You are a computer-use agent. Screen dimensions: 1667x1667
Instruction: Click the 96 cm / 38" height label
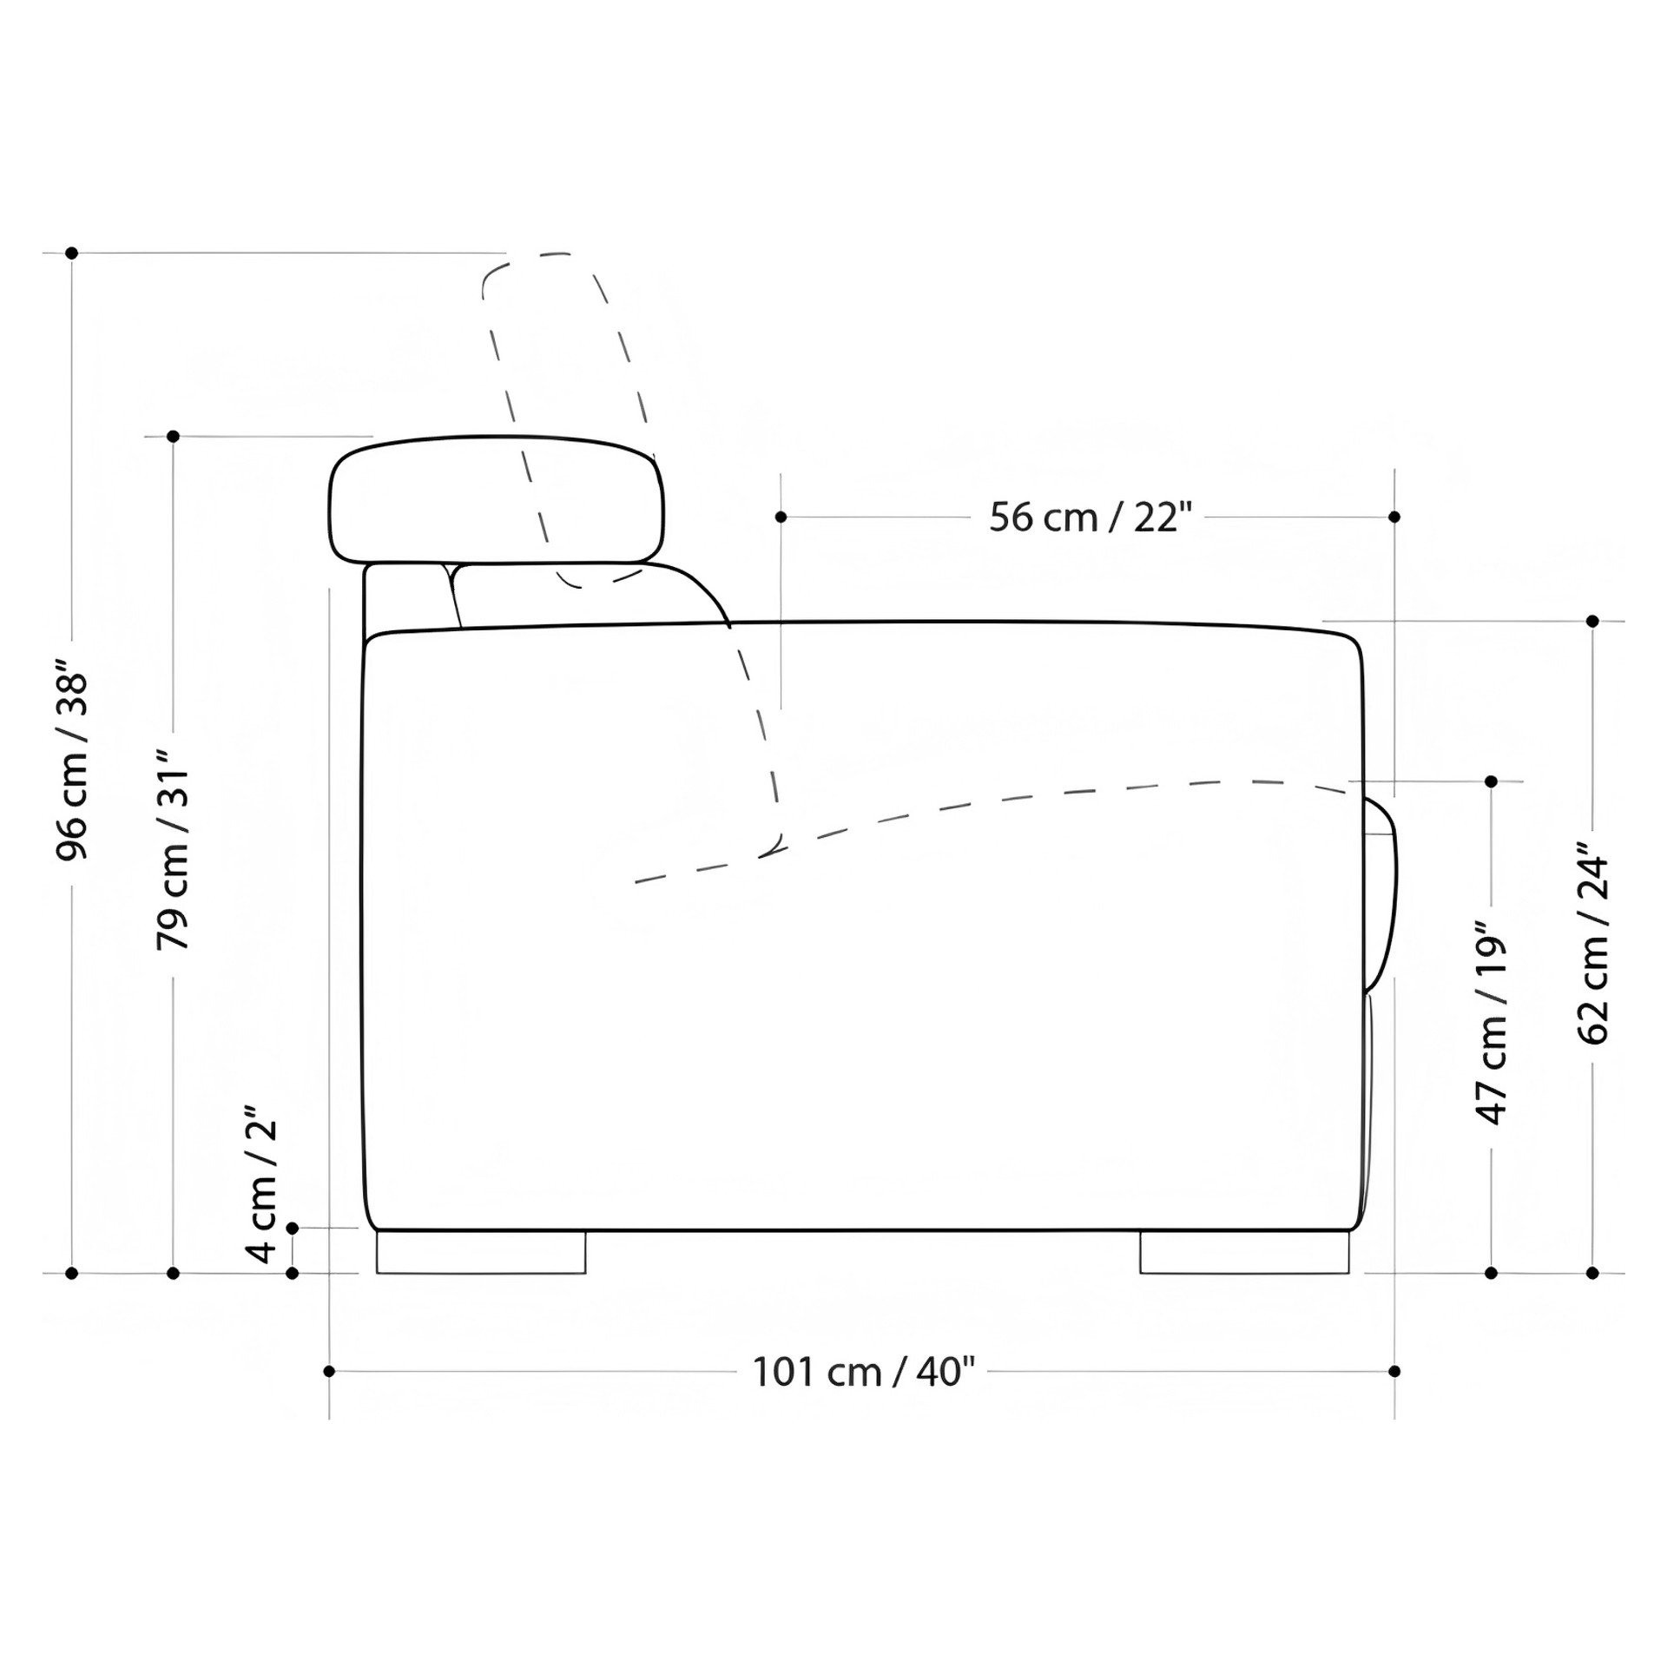click(73, 765)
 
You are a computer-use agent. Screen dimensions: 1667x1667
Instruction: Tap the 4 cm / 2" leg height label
click(261, 1184)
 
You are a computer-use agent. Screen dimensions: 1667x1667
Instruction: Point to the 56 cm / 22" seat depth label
click(1088, 517)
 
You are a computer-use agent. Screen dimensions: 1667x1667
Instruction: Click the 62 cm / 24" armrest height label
click(1592, 942)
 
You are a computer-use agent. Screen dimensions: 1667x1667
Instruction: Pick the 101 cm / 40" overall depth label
click(863, 1372)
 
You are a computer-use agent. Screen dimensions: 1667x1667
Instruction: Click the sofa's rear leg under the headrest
click(481, 1252)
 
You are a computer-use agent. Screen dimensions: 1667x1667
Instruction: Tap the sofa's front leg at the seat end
click(1244, 1252)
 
